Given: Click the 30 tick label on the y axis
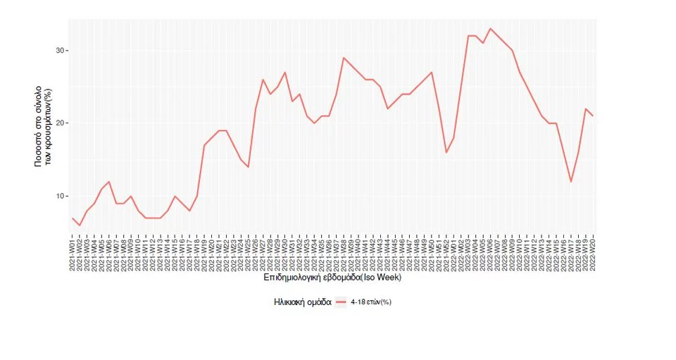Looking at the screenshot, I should point(61,51).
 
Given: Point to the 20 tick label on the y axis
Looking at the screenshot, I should point(61,123).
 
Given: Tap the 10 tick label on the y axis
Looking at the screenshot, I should point(61,196).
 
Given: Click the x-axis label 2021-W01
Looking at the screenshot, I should point(73,255).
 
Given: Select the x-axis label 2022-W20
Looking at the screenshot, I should point(593,255).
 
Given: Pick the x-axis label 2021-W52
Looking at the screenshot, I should point(446,255).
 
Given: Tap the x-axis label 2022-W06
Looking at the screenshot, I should point(490,255).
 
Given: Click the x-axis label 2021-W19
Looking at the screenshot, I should point(204,255).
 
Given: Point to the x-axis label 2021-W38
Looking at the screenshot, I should point(344,255).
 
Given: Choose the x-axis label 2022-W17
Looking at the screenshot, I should point(571,255).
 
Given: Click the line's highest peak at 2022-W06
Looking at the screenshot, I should point(490,29).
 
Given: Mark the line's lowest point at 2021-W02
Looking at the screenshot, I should point(80,225).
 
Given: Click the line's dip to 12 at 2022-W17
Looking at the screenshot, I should point(571,182).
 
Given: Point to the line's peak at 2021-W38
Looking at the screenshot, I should point(344,58).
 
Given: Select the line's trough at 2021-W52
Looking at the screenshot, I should point(446,152).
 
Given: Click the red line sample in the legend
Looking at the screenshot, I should point(342,302).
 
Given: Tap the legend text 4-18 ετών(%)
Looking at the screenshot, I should point(373,302).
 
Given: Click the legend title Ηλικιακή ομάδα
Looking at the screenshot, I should point(302,302).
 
